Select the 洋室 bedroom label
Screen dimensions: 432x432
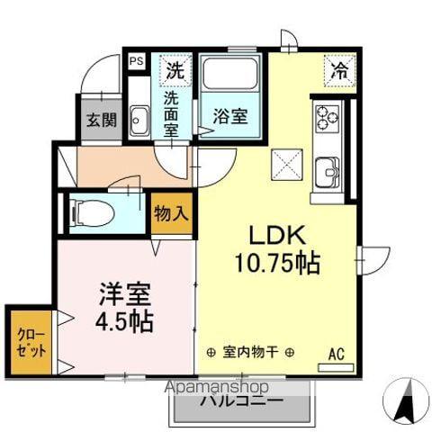124,294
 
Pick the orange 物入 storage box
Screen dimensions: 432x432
171,214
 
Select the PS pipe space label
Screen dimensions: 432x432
137,61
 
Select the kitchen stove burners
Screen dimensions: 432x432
326,117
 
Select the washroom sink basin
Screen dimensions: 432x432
139,120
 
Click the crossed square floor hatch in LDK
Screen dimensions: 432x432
288,166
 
